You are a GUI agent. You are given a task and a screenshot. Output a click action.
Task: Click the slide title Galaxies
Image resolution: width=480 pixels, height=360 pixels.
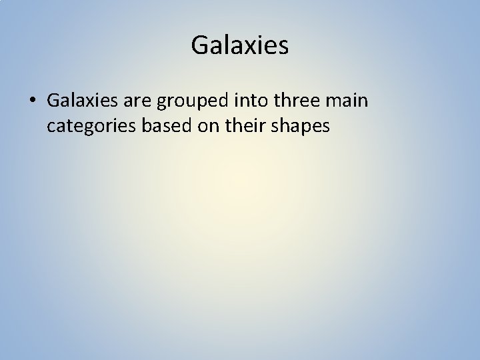pyautogui.click(x=239, y=45)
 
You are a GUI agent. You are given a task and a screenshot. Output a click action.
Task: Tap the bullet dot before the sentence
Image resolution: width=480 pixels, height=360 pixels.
pyautogui.click(x=33, y=101)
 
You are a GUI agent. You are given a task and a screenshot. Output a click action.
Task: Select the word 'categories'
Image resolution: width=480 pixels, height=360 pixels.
pyautogui.click(x=87, y=125)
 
